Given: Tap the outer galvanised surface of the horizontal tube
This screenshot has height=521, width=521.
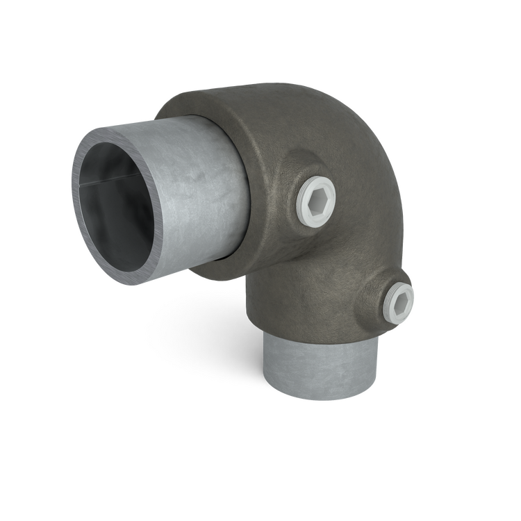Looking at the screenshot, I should click(x=201, y=201).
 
